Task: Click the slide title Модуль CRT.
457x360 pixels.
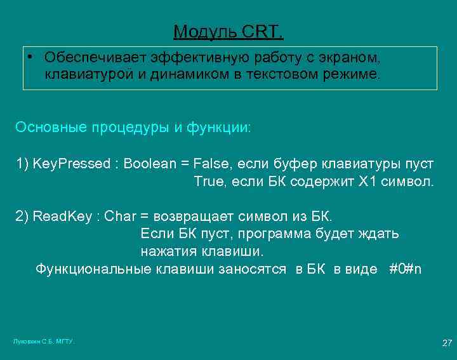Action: click(228, 31)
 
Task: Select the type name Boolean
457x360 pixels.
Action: click(150, 164)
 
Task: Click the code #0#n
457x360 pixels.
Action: click(405, 269)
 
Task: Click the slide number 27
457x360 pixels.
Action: click(447, 343)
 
